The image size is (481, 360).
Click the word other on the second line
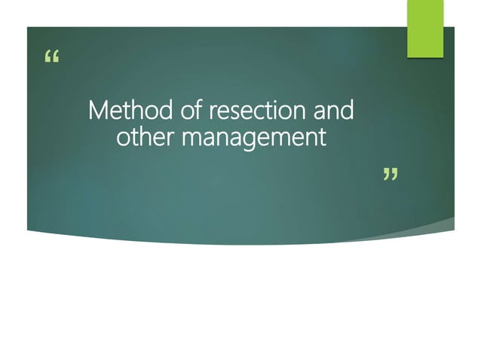[146, 138]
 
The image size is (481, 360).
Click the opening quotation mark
[51, 58]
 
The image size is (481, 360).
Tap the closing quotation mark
[389, 176]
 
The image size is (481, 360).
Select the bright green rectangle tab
[425, 29]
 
